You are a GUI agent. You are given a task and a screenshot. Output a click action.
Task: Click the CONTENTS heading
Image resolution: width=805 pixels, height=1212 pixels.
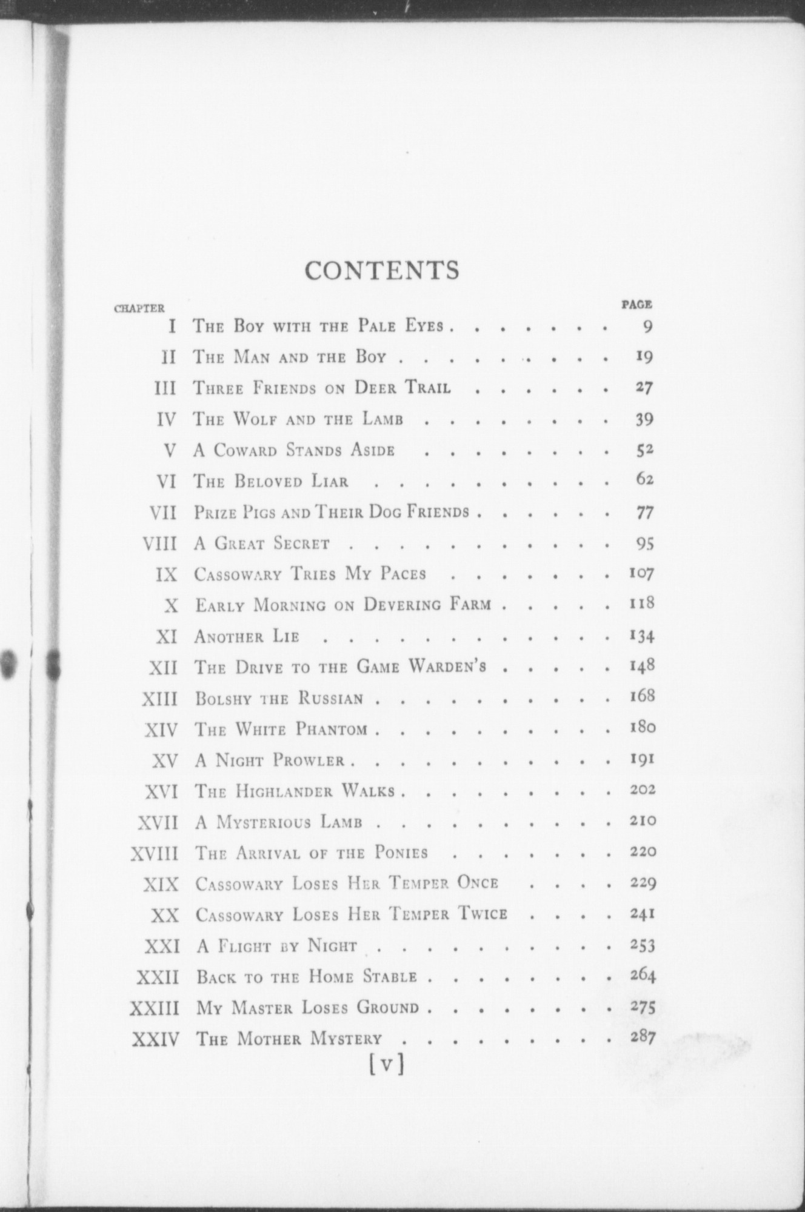(x=382, y=270)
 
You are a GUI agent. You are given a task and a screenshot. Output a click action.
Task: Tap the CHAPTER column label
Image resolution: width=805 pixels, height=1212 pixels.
(x=139, y=308)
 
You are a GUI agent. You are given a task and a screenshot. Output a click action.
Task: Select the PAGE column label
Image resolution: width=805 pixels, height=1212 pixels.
(x=636, y=304)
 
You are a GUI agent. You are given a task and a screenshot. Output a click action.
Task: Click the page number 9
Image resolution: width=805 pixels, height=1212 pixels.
(x=647, y=327)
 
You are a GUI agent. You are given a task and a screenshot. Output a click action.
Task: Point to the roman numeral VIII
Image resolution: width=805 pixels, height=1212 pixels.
(x=159, y=543)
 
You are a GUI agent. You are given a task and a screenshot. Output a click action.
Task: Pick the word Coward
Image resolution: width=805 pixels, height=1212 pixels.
(x=245, y=451)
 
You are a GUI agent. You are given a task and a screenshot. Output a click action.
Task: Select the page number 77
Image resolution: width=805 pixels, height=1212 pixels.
(x=644, y=513)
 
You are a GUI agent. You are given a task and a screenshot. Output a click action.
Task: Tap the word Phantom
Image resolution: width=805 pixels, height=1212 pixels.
(x=332, y=730)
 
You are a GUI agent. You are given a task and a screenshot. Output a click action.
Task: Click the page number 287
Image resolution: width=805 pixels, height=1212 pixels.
(x=642, y=1037)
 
